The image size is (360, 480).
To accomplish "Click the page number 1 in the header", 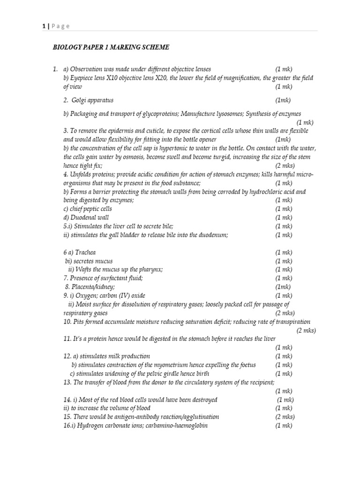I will [43, 26].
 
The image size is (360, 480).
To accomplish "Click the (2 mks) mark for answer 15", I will [285, 417].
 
